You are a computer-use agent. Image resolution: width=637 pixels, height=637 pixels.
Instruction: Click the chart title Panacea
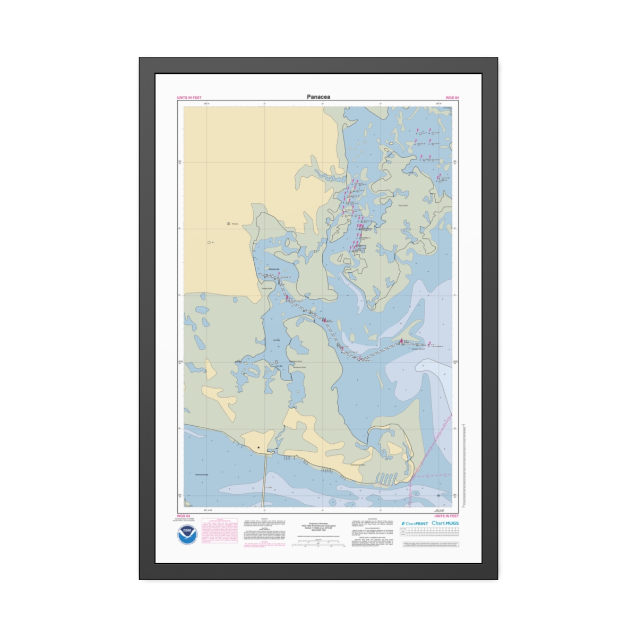(318, 97)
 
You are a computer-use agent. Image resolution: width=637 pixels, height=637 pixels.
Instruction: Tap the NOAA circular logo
(187, 534)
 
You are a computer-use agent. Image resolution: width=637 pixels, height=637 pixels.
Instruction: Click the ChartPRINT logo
(415, 523)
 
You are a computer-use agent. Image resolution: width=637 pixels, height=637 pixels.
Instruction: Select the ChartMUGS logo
(445, 523)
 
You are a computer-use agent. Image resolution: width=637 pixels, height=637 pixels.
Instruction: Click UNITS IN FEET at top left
(189, 98)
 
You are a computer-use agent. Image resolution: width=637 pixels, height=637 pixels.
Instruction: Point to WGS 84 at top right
(452, 98)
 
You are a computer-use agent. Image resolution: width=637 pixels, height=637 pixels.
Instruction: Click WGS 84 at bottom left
(183, 516)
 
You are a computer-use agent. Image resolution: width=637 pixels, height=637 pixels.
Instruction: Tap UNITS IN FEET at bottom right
(446, 516)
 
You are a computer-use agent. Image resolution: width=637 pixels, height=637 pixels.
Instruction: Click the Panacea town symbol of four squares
(228, 224)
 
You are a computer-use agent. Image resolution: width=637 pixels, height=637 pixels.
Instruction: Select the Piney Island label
(402, 205)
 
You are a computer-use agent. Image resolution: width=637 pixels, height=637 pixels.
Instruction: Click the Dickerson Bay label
(274, 270)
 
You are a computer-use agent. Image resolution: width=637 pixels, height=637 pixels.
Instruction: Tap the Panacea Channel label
(418, 349)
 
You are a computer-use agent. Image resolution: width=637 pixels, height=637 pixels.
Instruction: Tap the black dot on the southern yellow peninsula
(259, 447)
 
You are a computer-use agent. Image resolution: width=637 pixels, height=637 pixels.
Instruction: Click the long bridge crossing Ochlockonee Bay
(264, 480)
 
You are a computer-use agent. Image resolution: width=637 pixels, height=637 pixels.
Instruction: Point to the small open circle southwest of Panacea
(209, 243)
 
